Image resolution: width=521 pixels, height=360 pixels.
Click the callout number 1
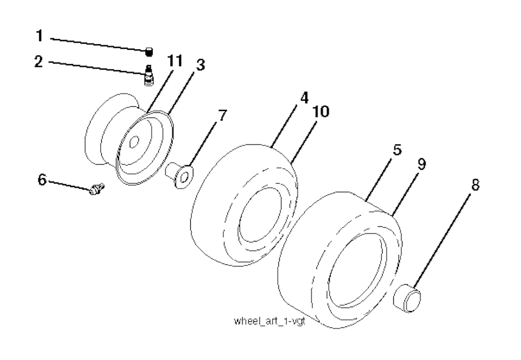tap(40, 36)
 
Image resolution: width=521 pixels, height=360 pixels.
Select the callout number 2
tap(39, 61)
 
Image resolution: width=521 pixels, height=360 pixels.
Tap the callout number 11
tap(175, 61)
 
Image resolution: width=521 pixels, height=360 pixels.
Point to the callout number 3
tap(200, 65)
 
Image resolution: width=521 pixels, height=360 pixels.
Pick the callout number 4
tap(304, 98)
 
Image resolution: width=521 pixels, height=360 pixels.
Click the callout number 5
tap(397, 150)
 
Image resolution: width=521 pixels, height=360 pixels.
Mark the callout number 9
tap(421, 164)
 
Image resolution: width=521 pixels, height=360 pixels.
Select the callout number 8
tap(476, 185)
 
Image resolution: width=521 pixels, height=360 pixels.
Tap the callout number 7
tap(222, 115)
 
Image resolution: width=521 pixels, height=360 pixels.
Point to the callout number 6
tap(42, 181)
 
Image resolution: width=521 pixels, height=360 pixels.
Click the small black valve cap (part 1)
tap(150, 52)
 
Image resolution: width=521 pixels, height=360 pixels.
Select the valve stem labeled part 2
tap(149, 75)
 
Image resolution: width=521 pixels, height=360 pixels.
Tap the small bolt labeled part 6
tap(96, 189)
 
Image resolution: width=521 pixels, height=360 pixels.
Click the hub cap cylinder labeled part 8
tap(408, 297)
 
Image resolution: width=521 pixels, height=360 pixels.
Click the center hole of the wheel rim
tap(134, 142)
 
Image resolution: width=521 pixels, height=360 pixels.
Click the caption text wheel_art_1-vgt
tap(270, 321)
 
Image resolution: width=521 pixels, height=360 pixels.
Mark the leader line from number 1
tap(98, 45)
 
